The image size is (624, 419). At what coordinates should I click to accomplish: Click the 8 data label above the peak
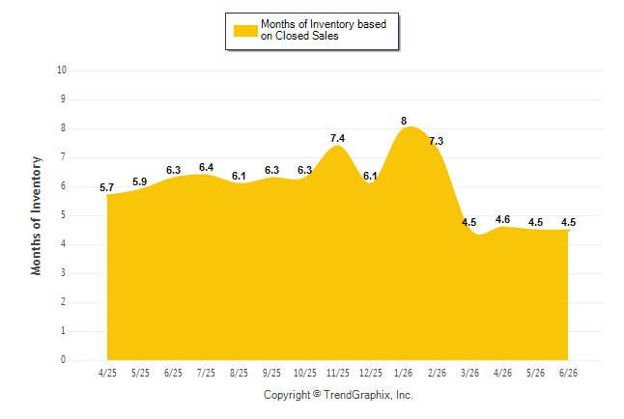click(404, 121)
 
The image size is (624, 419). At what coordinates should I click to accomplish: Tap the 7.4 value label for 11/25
click(337, 138)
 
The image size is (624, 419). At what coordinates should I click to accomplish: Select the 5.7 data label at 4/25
click(106, 187)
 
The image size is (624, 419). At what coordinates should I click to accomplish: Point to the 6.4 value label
click(206, 167)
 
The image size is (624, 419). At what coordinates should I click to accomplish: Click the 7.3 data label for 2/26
click(437, 141)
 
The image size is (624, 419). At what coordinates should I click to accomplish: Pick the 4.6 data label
click(502, 219)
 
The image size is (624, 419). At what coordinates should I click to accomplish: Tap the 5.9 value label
click(140, 182)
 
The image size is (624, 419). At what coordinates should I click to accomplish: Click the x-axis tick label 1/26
click(403, 374)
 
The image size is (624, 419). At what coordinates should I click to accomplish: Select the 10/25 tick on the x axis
click(305, 374)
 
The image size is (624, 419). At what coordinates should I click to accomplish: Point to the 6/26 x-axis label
click(568, 374)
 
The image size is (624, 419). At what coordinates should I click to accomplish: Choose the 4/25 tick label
click(107, 374)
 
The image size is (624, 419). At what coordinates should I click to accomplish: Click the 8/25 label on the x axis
click(239, 374)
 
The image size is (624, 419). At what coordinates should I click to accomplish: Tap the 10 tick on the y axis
click(62, 70)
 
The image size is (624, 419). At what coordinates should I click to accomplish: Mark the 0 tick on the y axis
click(63, 360)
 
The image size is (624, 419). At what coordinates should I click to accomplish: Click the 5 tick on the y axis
click(63, 215)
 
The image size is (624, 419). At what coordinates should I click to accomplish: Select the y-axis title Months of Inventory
click(36, 215)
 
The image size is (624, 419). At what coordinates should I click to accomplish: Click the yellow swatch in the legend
click(245, 31)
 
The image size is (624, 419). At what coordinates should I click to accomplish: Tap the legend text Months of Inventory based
click(324, 24)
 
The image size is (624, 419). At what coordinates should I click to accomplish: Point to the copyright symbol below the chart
click(317, 394)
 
